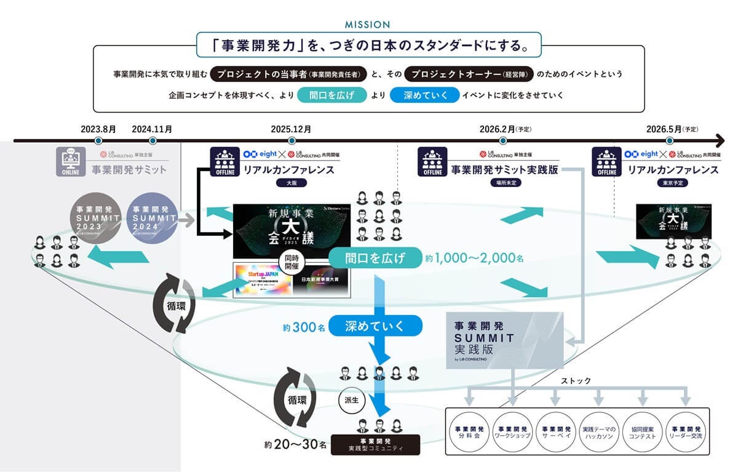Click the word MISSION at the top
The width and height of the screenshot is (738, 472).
[x=368, y=25]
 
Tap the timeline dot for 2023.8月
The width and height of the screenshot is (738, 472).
[x=98, y=141]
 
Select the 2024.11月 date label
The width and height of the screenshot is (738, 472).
[x=152, y=129]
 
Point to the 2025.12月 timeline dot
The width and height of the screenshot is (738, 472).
[x=291, y=141]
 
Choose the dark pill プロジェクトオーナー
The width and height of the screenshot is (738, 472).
[x=469, y=74]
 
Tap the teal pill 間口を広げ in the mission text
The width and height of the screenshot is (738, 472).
[x=332, y=95]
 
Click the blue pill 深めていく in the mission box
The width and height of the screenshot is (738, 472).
[x=424, y=95]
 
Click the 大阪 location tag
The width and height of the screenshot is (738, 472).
[x=291, y=183]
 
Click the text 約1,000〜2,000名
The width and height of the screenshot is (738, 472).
[x=474, y=258]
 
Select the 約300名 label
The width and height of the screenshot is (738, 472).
[x=304, y=328]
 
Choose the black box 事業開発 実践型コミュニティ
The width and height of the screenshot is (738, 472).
[x=375, y=444]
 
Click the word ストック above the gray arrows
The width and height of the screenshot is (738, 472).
[x=576, y=381]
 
